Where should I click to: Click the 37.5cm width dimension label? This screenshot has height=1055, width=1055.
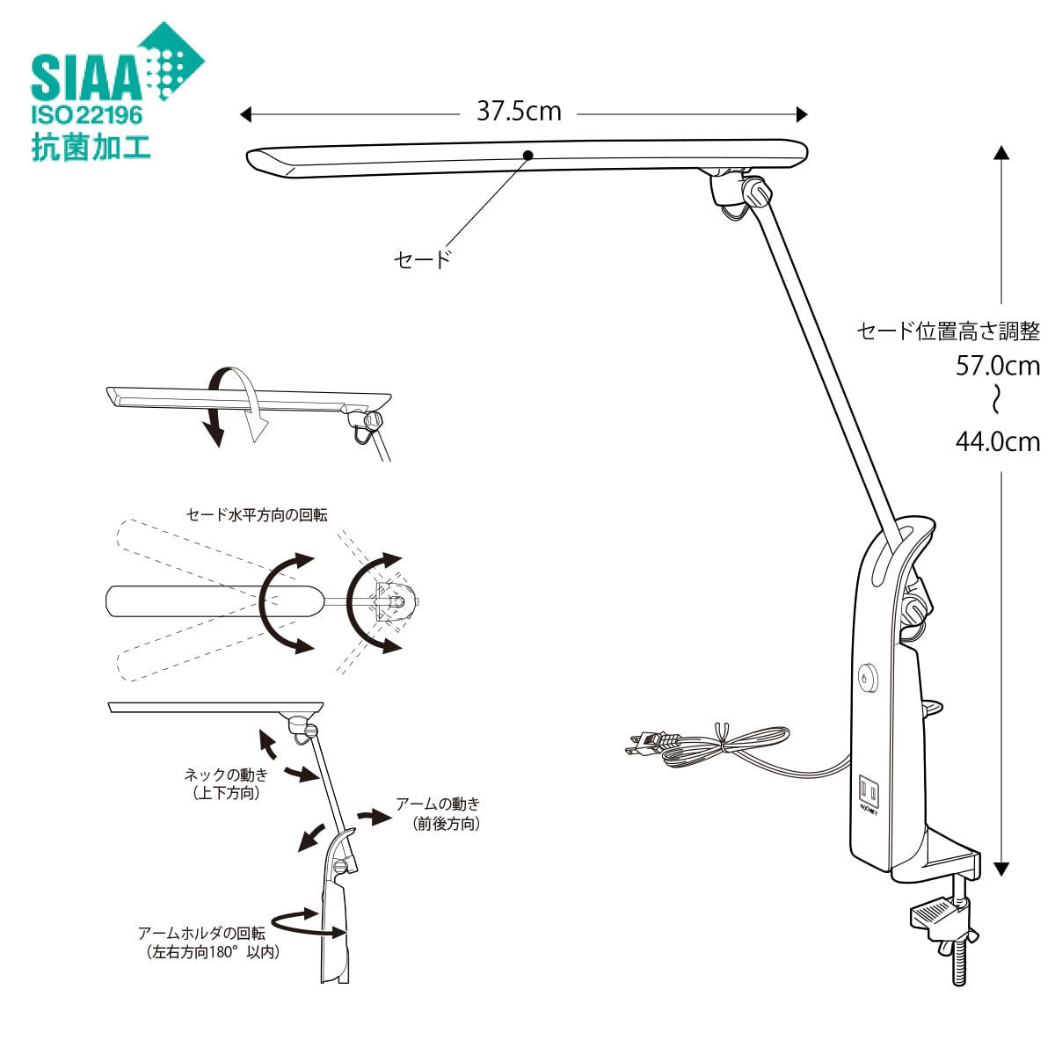[x=519, y=112]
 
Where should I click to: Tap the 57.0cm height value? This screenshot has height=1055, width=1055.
[x=998, y=367]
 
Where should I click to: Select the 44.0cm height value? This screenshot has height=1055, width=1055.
[x=998, y=442]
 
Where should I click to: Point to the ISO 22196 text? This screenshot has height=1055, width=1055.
[x=87, y=115]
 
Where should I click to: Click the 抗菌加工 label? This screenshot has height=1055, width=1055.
[x=91, y=147]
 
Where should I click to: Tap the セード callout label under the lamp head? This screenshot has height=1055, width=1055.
[x=423, y=259]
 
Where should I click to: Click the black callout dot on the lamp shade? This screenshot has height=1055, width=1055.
[x=527, y=156]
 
